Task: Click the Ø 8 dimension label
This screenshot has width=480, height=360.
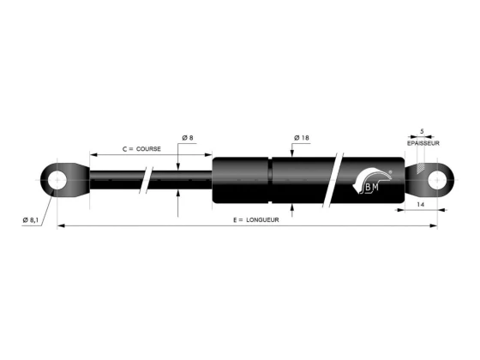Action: (188, 138)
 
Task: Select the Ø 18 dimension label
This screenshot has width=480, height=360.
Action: (302, 138)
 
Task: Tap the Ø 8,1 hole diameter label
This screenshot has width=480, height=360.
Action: (31, 219)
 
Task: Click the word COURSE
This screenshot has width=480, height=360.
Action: (148, 149)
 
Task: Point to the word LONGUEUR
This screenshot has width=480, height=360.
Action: (262, 219)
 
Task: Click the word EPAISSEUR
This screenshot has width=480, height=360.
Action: (423, 143)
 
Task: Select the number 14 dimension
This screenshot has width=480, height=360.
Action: (421, 205)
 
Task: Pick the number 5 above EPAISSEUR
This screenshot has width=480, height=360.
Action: (422, 132)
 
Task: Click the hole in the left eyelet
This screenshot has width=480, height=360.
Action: (57, 180)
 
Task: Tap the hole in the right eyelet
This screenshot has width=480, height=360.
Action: (437, 180)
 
